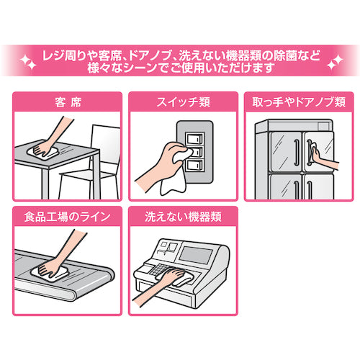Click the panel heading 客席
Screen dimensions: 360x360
point(68,102)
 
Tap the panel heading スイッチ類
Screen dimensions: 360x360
point(184,102)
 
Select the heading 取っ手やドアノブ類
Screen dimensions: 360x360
point(299,102)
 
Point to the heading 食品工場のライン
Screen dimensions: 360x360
point(67,217)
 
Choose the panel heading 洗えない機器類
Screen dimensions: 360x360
point(183,217)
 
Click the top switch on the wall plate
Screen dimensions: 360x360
point(195,138)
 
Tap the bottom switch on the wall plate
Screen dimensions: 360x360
point(195,166)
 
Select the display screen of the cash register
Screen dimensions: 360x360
point(196,255)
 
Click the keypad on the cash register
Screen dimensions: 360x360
point(158,269)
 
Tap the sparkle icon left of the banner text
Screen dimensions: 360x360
point(28,62)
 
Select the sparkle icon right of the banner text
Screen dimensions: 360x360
point(335,62)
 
